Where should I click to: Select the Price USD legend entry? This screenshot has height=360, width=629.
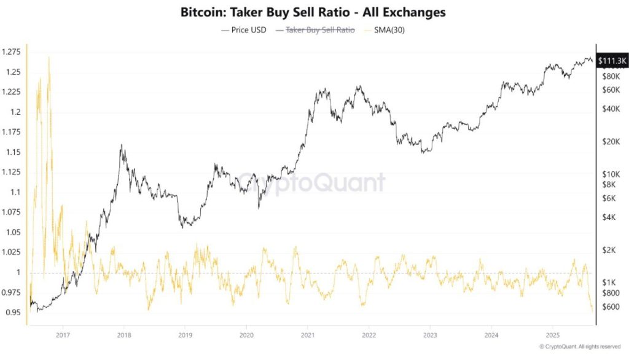244,29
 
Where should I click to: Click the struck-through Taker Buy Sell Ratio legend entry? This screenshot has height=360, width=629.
320,29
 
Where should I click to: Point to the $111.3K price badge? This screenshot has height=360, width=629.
612,61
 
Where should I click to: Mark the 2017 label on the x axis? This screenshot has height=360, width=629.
62,335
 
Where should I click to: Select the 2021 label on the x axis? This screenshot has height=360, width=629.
307,335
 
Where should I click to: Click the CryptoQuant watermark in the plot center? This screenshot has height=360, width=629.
312,182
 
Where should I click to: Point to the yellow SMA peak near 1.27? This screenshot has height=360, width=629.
49,58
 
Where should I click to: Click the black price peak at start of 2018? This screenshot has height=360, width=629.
122,146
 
